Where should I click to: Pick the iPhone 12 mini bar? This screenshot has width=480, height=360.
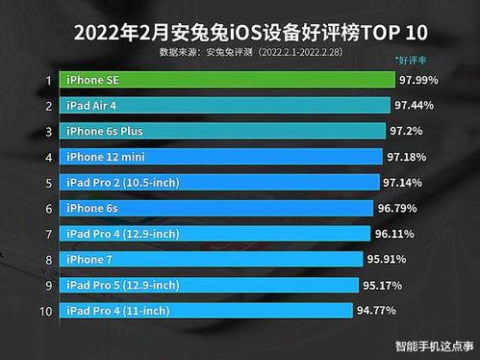click(220, 156)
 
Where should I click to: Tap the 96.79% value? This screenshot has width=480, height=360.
click(401, 208)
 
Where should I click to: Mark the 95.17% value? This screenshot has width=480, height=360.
click(387, 285)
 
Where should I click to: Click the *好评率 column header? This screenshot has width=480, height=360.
click(413, 61)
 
